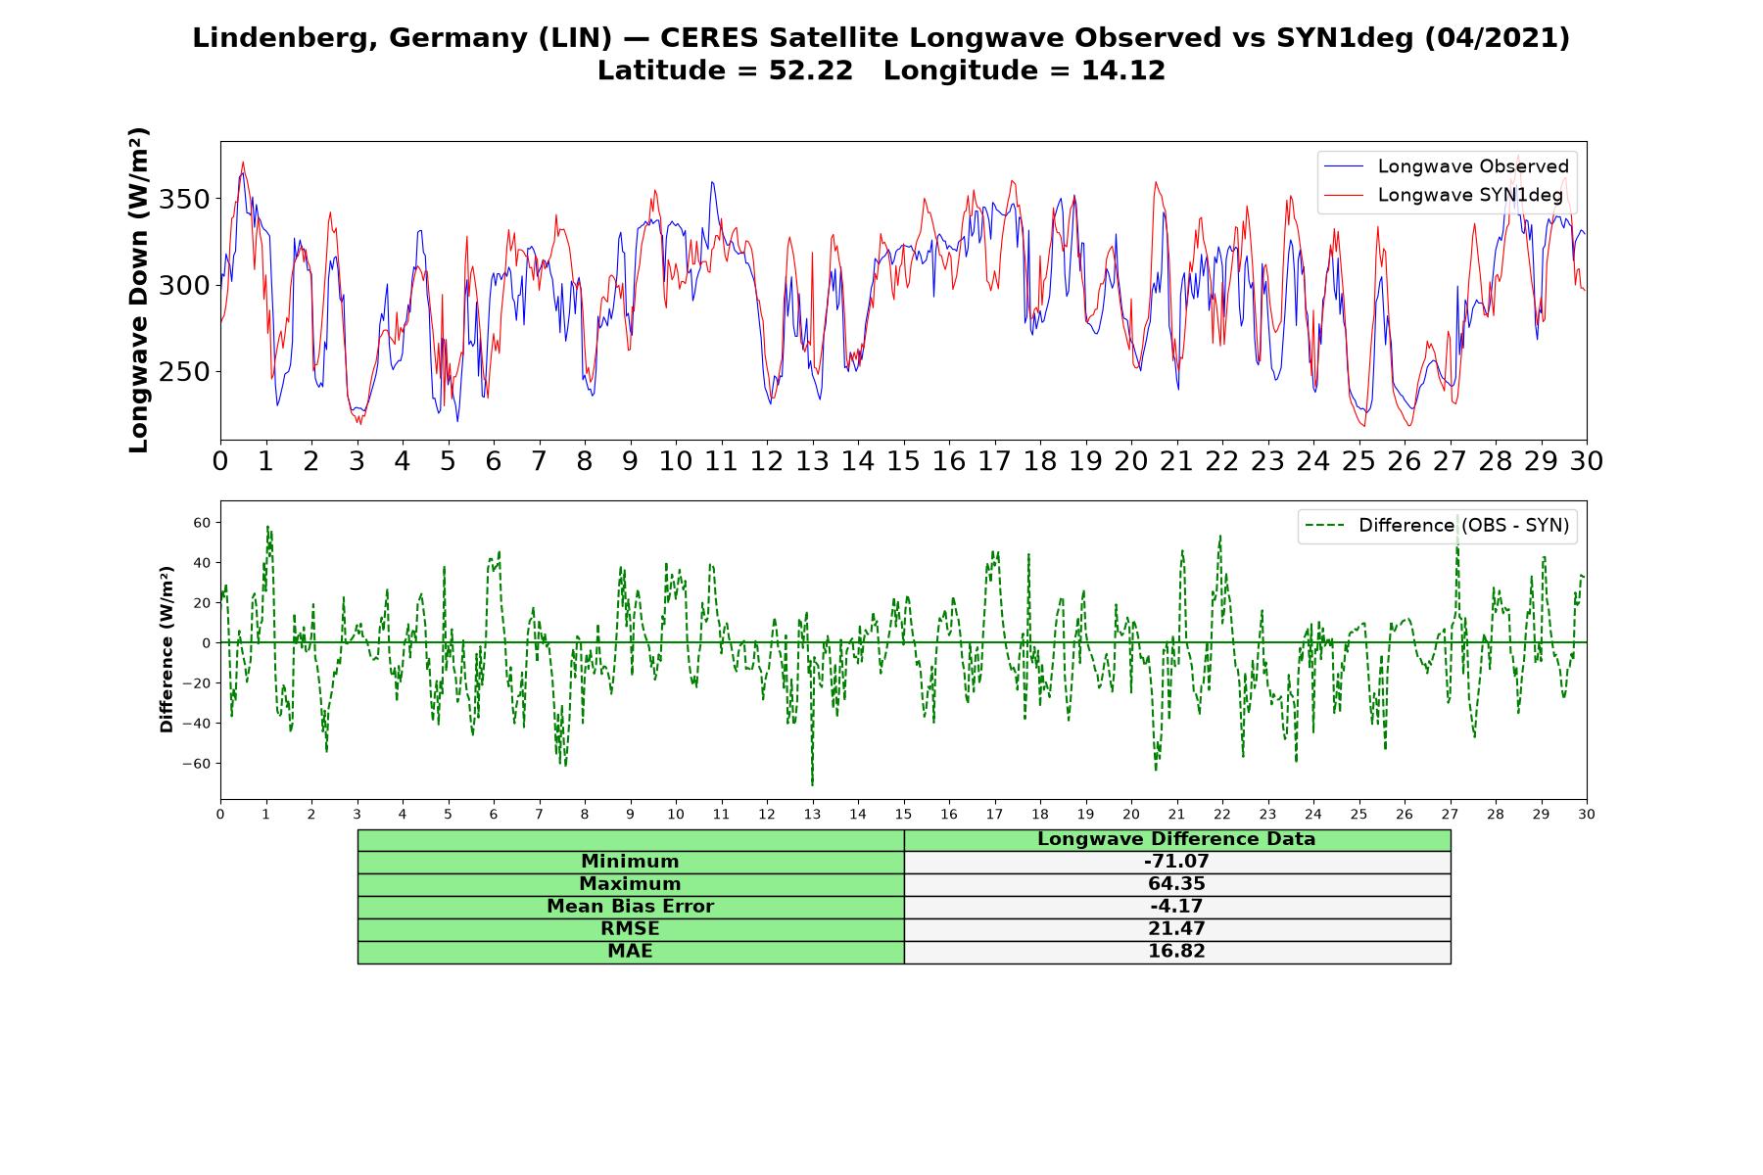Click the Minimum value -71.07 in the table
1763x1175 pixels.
click(x=1176, y=862)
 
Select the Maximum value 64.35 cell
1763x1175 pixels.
click(x=1176, y=884)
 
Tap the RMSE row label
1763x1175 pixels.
click(x=631, y=929)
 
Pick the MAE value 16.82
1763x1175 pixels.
click(x=1176, y=952)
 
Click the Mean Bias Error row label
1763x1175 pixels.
click(x=631, y=907)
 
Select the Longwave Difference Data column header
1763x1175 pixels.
click(x=1176, y=839)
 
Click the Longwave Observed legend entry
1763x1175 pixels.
click(x=1447, y=166)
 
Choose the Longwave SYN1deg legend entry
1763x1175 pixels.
click(x=1444, y=195)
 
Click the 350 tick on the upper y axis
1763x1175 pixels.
click(x=184, y=200)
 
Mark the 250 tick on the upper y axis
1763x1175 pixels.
click(x=184, y=372)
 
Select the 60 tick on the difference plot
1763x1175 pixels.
click(x=202, y=523)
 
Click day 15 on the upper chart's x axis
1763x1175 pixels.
click(x=903, y=461)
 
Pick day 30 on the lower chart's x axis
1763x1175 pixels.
click(x=1587, y=815)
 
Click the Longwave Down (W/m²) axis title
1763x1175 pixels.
click(x=138, y=290)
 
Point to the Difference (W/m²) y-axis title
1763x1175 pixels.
click(x=167, y=649)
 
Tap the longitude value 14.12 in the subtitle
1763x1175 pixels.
click(x=1123, y=70)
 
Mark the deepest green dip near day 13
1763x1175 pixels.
click(x=812, y=784)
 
